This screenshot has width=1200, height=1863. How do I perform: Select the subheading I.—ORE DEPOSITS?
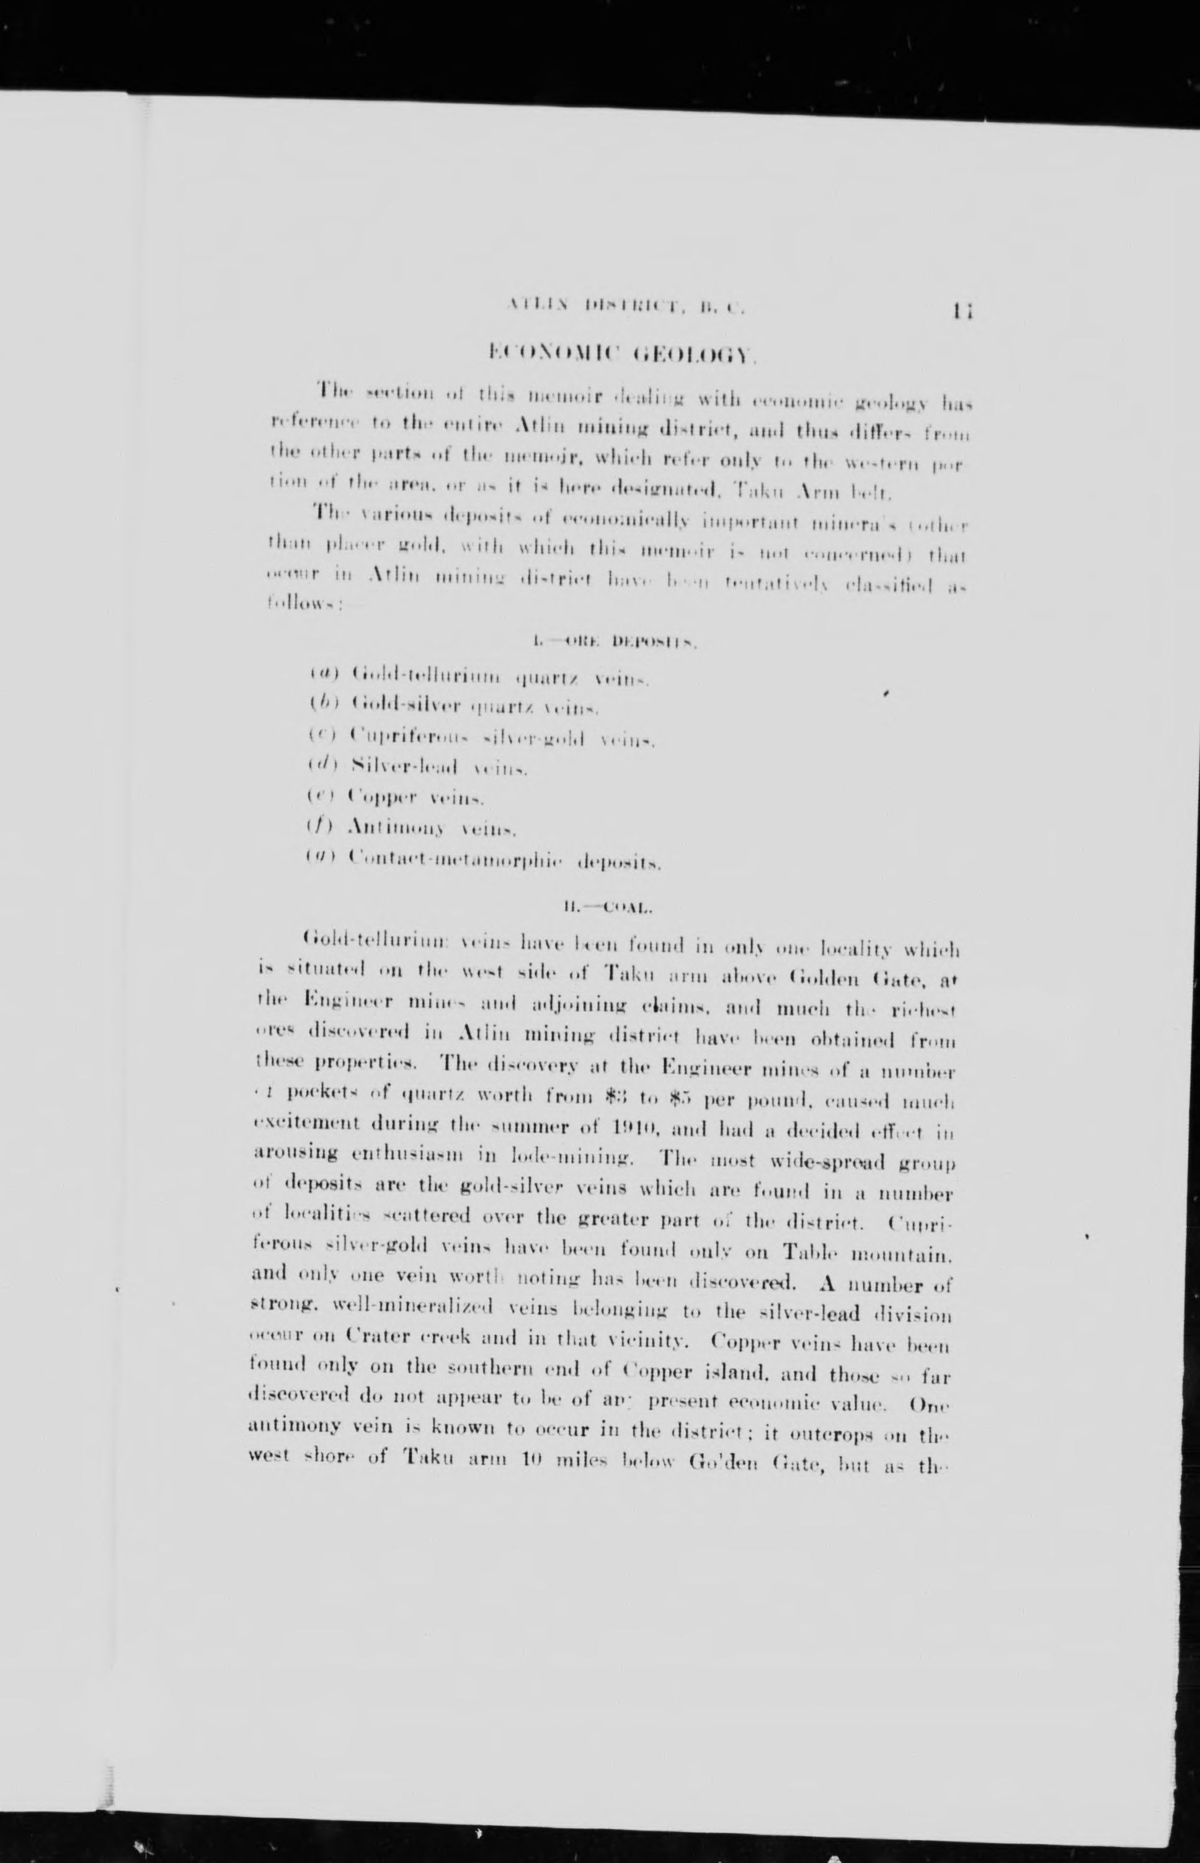(x=613, y=644)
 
